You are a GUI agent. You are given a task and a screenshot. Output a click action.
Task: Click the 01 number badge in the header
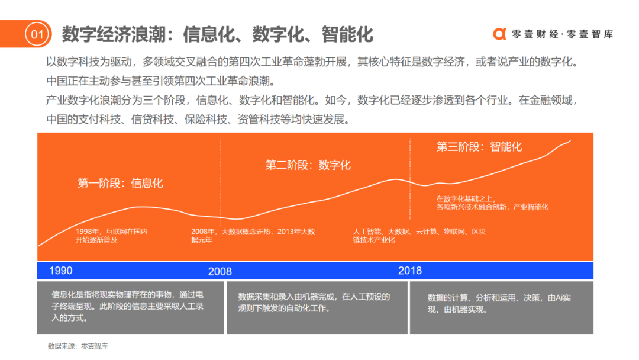click(37, 34)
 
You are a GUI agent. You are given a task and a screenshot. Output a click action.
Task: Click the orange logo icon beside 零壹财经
click(500, 34)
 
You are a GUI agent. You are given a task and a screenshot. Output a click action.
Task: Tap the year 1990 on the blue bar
click(61, 271)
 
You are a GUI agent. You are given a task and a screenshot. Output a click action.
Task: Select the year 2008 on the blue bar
click(220, 272)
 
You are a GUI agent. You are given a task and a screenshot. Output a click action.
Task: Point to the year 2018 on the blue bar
click(410, 271)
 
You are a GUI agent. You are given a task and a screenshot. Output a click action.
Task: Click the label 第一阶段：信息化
click(120, 183)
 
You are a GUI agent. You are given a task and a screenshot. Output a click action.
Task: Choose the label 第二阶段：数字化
click(308, 165)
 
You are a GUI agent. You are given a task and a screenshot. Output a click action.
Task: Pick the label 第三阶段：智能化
click(479, 146)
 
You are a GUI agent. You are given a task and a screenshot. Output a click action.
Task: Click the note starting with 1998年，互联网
click(111, 236)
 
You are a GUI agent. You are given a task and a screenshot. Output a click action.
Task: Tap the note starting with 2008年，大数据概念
click(253, 236)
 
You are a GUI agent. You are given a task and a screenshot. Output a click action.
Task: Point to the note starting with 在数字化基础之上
click(492, 202)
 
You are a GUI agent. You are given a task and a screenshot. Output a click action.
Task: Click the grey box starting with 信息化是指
click(130, 307)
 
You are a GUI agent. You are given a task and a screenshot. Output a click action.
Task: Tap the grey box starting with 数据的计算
click(501, 307)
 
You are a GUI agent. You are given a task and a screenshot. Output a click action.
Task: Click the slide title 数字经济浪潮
click(217, 34)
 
